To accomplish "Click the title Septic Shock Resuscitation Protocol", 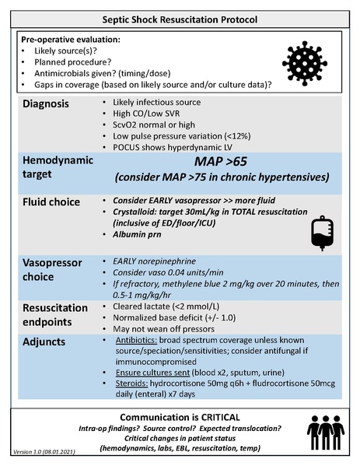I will point(180,16).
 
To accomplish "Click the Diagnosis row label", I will point(51,104).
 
